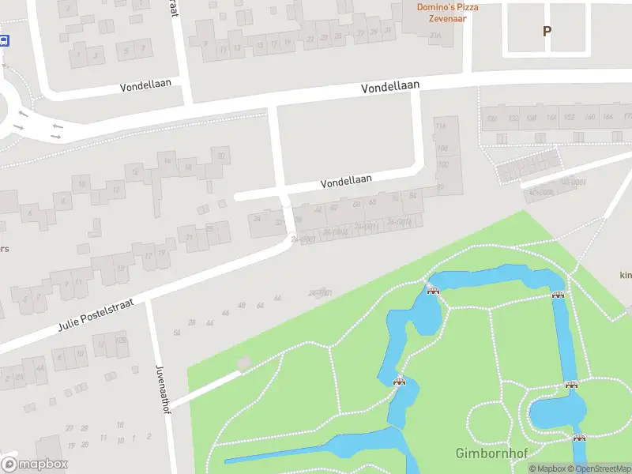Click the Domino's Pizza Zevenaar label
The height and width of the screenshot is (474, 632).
coord(447,13)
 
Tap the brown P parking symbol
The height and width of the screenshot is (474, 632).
coord(546,32)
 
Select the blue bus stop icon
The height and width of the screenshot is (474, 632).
coord(4,41)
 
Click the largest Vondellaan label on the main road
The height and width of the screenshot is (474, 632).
coord(390,87)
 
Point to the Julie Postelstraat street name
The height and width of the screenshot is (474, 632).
coord(96,314)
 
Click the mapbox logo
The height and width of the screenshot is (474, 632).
coord(35,464)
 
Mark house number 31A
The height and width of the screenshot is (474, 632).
coord(434,35)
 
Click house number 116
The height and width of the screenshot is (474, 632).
coord(441,127)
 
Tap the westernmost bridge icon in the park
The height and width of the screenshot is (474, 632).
coord(400,382)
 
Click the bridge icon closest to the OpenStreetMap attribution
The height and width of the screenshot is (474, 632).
coord(579,437)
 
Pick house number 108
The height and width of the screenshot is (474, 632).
coord(442,148)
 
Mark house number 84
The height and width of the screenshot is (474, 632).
coord(412,196)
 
